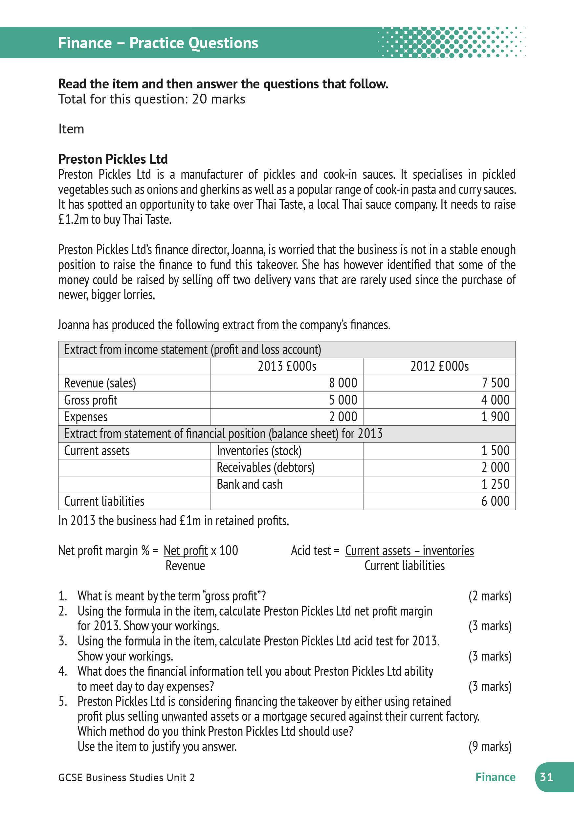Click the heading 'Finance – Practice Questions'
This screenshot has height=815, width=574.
158,43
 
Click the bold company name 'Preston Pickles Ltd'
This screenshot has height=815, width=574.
113,159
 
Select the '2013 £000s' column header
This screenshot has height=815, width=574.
287,366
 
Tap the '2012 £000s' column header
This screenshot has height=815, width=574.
440,366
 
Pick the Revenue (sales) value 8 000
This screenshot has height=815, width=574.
343,383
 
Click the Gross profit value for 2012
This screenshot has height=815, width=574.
495,400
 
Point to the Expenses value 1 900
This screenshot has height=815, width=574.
495,417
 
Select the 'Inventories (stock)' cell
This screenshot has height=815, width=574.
259,451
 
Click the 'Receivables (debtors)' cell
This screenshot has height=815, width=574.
265,468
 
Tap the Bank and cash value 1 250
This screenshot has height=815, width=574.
495,484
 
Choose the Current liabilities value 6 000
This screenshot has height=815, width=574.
495,501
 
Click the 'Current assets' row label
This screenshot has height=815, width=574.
97,451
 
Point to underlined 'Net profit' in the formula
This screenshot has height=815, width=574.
186,550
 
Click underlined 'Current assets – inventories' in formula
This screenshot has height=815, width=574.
409,550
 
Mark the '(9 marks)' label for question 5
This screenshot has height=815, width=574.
490,747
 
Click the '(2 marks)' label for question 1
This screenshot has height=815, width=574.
490,596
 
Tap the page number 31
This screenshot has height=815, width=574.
546,777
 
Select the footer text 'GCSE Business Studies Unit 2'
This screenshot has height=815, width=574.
126,778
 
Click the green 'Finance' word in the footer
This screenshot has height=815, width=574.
495,777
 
